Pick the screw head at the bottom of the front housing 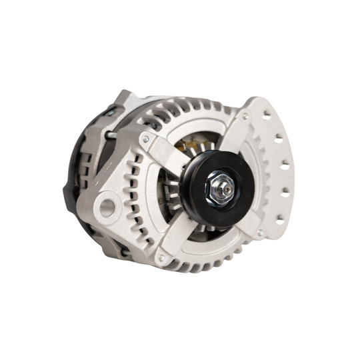(161, 257)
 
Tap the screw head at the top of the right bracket (244, 117)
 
